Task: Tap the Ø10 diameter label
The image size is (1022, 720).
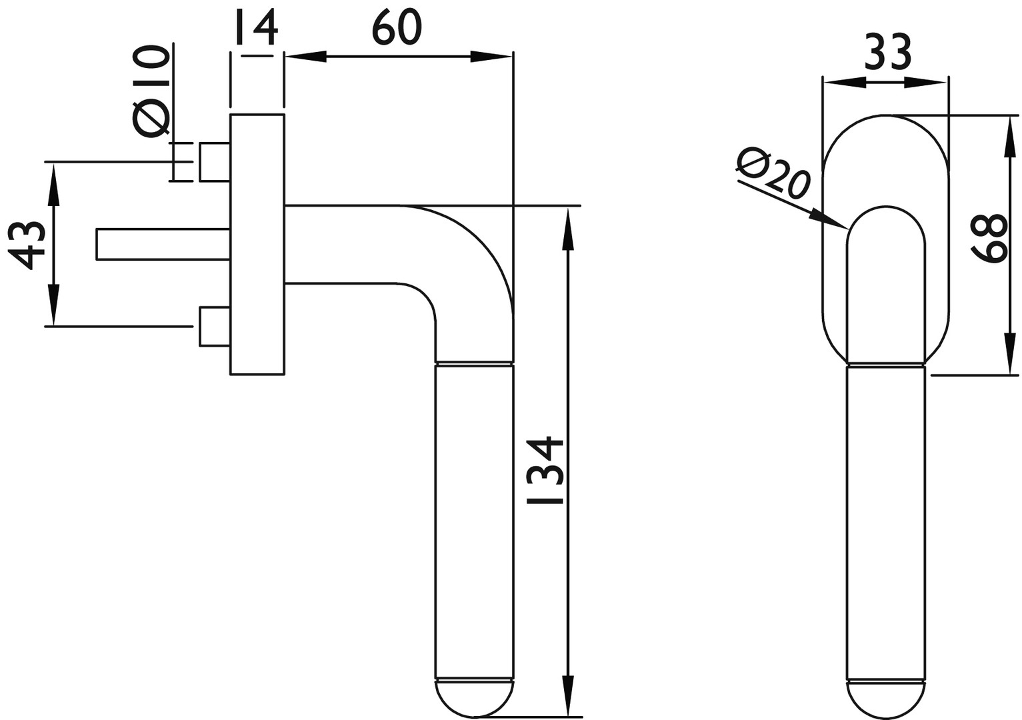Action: tap(151, 92)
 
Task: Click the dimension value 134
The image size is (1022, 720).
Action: tap(545, 471)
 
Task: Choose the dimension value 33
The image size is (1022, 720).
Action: tap(887, 53)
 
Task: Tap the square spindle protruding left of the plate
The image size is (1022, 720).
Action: tap(163, 244)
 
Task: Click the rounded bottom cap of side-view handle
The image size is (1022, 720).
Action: tap(474, 698)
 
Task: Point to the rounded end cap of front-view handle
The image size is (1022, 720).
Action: tap(886, 699)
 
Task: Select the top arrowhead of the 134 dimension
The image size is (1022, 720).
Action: tap(568, 227)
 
